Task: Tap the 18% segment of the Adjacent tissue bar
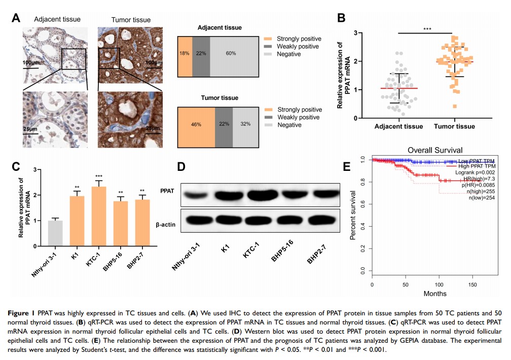185,53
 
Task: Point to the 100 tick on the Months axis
439,284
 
